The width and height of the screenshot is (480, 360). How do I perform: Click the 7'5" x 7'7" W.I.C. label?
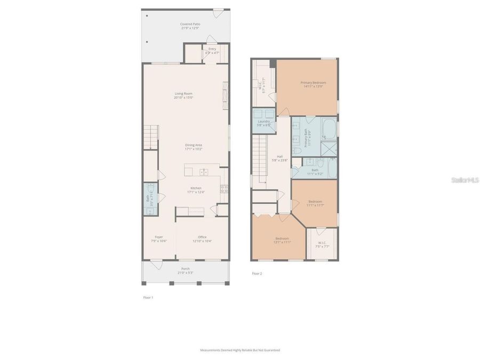[x=322, y=245]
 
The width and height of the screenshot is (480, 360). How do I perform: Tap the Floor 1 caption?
[x=148, y=297]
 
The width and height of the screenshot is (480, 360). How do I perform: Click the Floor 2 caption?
[x=257, y=273]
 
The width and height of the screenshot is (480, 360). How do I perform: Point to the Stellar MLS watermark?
[x=465, y=180]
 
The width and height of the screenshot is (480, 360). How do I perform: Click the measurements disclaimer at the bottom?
[x=239, y=350]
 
